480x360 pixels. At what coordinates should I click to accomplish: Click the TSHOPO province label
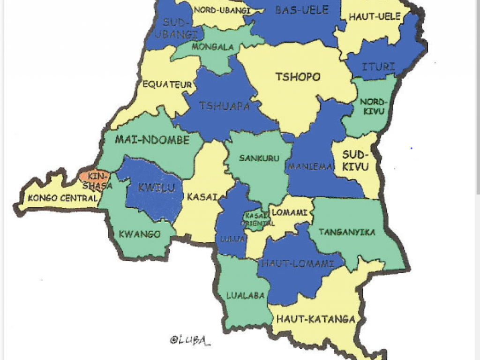point(298,77)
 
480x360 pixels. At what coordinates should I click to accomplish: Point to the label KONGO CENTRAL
point(62,198)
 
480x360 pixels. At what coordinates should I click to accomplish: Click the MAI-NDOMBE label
point(152,140)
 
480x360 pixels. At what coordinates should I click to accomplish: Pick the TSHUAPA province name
point(224,106)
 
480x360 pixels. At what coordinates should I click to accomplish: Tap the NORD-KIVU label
point(373,106)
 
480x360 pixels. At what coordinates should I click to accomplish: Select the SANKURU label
point(259,158)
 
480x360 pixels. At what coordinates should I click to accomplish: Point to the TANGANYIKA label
point(347,232)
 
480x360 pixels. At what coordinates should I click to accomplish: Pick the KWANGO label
point(140,234)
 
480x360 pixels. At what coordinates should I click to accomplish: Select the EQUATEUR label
point(161,85)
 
